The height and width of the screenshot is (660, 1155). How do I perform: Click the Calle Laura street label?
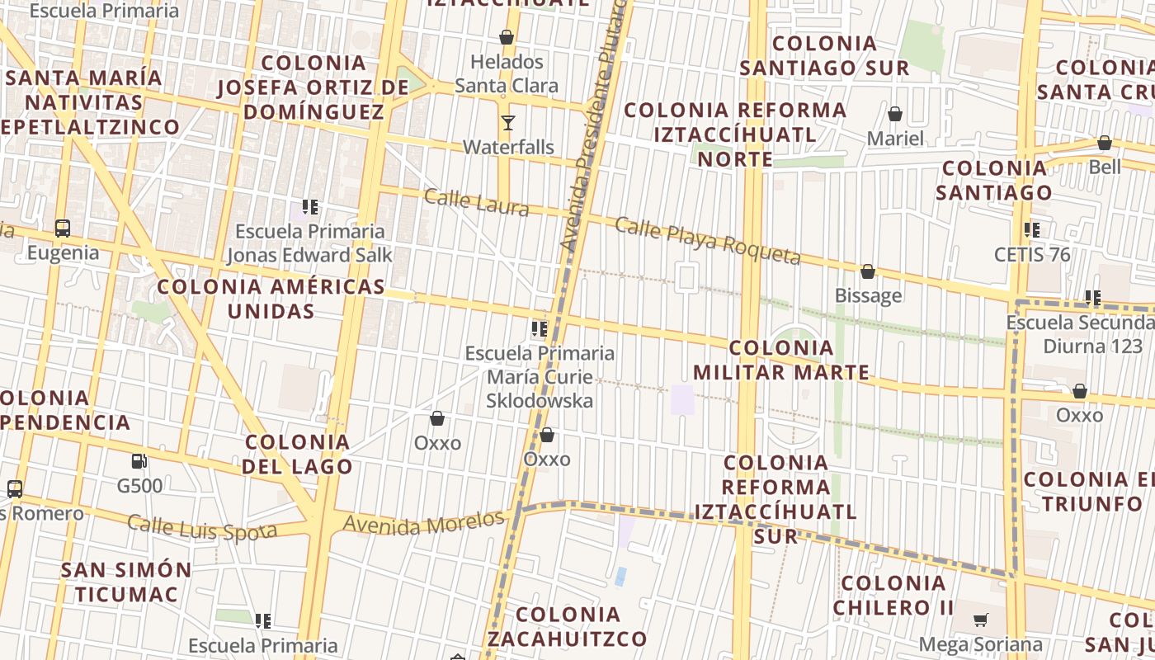[476, 201]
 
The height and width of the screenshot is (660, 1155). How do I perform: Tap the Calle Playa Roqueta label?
[708, 241]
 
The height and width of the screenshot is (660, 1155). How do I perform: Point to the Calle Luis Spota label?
[202, 528]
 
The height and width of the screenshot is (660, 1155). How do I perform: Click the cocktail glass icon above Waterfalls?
[507, 123]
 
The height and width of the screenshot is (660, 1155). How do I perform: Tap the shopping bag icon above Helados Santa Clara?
[507, 37]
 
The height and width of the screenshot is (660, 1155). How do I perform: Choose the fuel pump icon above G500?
[139, 461]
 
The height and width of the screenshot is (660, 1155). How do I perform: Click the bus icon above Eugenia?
[63, 229]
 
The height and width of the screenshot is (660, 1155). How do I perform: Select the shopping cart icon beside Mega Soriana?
[981, 620]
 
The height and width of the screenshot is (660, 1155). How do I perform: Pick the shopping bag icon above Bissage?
[868, 271]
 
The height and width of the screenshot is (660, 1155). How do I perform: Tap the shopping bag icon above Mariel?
[895, 114]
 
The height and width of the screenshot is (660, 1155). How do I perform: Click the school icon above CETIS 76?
[1031, 230]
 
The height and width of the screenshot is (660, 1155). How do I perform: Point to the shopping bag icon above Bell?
[1105, 143]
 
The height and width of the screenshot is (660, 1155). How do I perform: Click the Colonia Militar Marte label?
[781, 361]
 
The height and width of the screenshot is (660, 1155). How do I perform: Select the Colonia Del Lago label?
[299, 454]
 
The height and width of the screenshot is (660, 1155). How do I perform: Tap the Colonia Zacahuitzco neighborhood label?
[568, 627]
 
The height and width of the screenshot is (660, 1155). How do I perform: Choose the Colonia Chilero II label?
[893, 596]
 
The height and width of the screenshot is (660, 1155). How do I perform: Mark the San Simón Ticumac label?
[126, 582]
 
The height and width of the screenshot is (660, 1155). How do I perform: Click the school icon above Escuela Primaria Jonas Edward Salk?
[310, 207]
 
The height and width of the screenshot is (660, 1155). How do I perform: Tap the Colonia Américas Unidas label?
[271, 299]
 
